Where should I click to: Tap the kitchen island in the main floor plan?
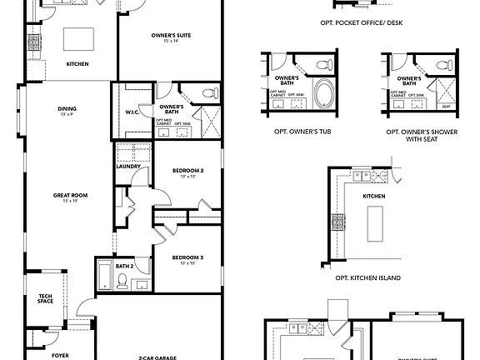point(82,38)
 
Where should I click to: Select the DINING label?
point(67,107)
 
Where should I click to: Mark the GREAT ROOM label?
point(70,196)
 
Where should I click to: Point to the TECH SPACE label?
point(45,297)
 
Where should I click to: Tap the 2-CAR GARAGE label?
point(157,356)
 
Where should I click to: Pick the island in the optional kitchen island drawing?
point(373,224)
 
